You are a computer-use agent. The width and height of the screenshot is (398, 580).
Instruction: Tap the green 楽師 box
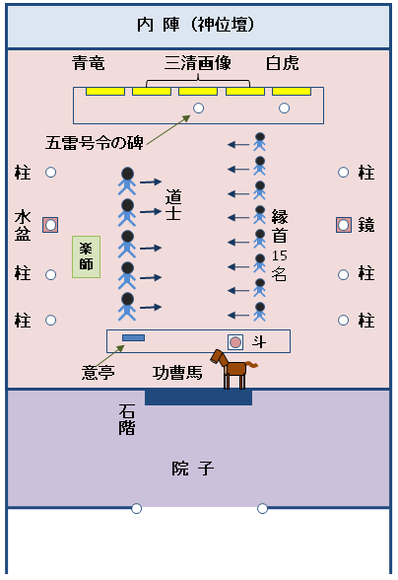pyautogui.click(x=87, y=256)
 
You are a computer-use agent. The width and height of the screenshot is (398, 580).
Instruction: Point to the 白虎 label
pyautogui.click(x=283, y=64)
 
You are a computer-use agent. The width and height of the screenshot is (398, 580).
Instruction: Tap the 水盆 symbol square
pyautogui.click(x=50, y=224)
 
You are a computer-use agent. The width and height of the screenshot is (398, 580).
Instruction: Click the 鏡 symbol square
pyautogui.click(x=344, y=224)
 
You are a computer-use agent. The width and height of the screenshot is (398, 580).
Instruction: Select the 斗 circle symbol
pyautogui.click(x=235, y=341)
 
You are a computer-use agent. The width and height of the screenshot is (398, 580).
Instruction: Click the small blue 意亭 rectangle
pyautogui.click(x=133, y=338)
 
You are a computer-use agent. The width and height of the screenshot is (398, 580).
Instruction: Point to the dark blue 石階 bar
pyautogui.click(x=198, y=398)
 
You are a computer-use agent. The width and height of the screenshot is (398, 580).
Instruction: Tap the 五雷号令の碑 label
pyautogui.click(x=95, y=141)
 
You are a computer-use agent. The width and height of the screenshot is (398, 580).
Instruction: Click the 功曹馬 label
pyautogui.click(x=177, y=373)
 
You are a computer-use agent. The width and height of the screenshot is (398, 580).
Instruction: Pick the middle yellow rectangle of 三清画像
pyautogui.click(x=198, y=92)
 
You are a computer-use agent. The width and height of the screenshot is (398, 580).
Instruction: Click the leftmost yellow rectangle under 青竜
pyautogui.click(x=104, y=92)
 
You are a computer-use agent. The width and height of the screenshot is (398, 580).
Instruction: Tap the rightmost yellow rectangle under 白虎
pyautogui.click(x=292, y=92)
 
